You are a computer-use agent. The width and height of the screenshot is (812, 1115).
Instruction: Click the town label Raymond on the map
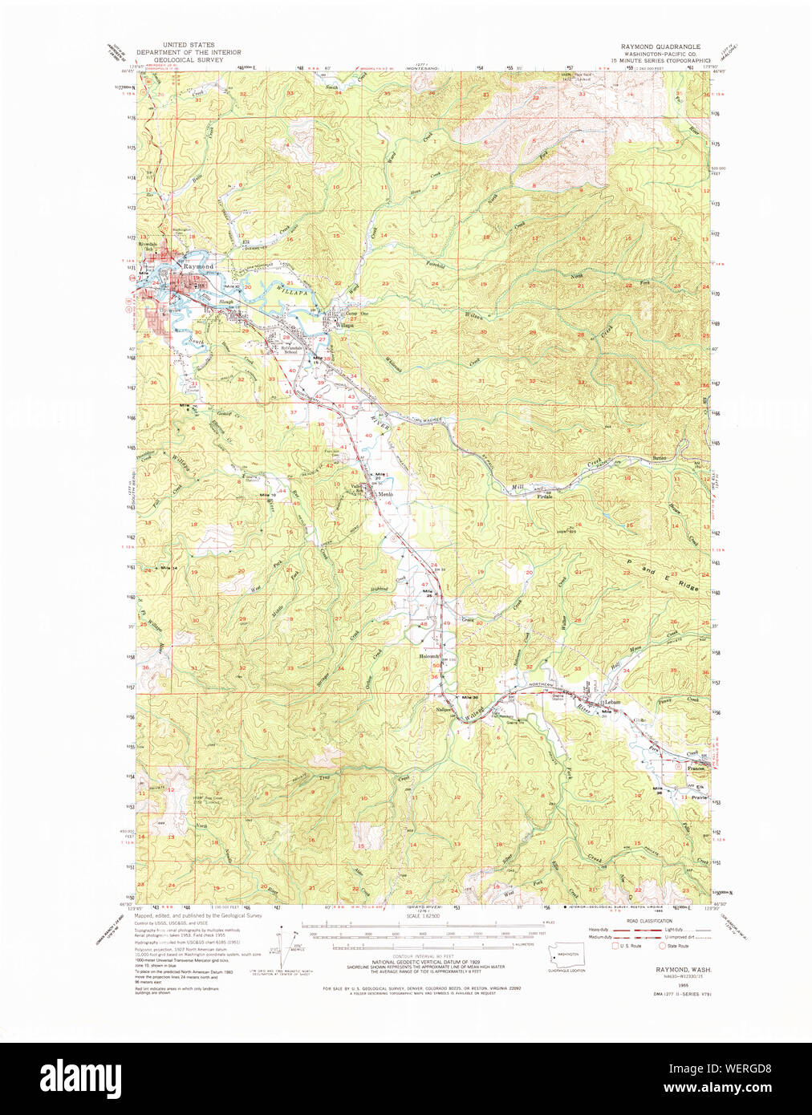click(197, 266)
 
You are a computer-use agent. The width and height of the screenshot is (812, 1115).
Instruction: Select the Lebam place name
click(613, 702)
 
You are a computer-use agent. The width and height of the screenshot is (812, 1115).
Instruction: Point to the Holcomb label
click(429, 656)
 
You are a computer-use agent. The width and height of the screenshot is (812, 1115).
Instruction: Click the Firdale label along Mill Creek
click(545, 497)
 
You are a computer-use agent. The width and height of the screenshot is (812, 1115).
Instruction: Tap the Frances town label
click(695, 768)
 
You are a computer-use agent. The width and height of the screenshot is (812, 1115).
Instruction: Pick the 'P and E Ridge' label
click(663, 574)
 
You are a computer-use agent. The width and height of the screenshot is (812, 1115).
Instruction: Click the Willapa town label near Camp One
click(343, 326)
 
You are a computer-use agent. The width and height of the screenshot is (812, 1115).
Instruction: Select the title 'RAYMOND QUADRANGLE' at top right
click(660, 47)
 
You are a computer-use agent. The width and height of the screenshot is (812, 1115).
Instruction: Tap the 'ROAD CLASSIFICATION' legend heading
click(649, 921)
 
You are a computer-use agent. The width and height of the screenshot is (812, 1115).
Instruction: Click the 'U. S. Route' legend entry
click(627, 946)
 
